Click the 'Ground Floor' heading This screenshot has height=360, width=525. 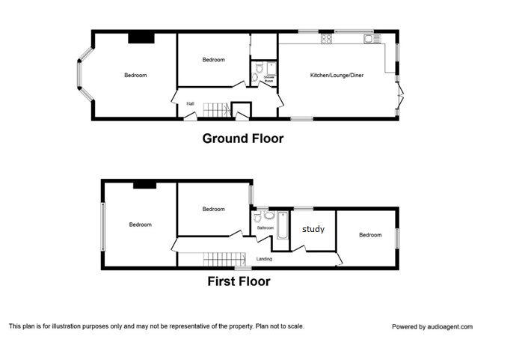242,138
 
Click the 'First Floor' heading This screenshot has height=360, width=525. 239,282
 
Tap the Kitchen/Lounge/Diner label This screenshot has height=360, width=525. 337,76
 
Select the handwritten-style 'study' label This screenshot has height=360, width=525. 313,229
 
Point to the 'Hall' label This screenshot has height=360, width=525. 191,103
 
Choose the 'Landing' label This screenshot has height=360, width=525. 264,259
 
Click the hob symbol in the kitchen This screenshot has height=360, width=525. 327,40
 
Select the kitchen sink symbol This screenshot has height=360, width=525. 368,38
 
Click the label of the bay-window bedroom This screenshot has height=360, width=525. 135,75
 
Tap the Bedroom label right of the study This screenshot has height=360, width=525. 369,235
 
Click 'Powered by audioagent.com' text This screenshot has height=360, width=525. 432,326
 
